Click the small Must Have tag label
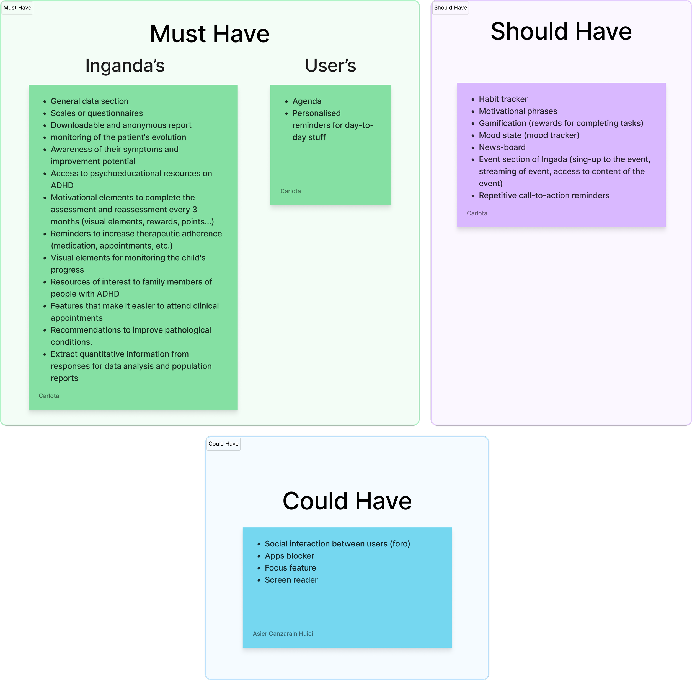click(x=17, y=8)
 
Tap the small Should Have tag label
click(x=450, y=8)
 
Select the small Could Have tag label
click(x=223, y=444)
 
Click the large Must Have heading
click(x=210, y=34)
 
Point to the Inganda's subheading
click(x=125, y=65)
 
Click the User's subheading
click(x=330, y=65)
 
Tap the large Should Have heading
click(x=561, y=32)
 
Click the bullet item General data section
click(x=89, y=101)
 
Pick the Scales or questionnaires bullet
click(x=97, y=113)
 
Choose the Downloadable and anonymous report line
click(x=121, y=125)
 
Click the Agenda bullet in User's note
click(x=307, y=101)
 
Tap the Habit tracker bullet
click(x=503, y=99)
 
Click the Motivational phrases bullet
click(x=518, y=111)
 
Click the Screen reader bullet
click(x=291, y=580)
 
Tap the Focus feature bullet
click(x=290, y=568)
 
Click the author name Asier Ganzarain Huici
click(x=283, y=634)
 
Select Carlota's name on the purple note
click(x=477, y=213)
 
